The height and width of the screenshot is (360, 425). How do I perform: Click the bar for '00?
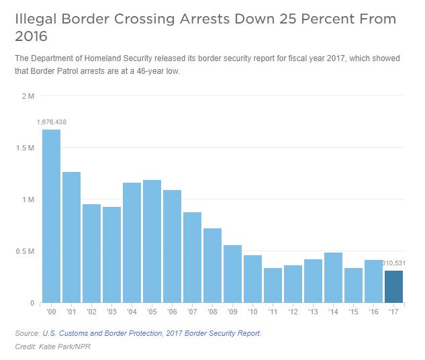52,215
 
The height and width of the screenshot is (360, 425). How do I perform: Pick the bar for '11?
273,285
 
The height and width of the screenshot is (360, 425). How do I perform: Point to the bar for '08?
213,265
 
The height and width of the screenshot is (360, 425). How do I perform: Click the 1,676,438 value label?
52,122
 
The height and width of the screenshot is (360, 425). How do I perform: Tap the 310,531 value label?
395,263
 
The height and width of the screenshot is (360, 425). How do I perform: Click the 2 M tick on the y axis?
28,96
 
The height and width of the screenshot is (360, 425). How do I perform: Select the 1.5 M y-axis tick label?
25,148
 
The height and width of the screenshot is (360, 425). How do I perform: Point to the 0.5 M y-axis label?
25,251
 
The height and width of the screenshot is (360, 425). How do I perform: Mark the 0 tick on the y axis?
32,303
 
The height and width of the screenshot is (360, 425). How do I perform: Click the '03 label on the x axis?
112,313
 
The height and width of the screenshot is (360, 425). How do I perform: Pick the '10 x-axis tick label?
253,313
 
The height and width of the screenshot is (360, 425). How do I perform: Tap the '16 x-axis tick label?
374,313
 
